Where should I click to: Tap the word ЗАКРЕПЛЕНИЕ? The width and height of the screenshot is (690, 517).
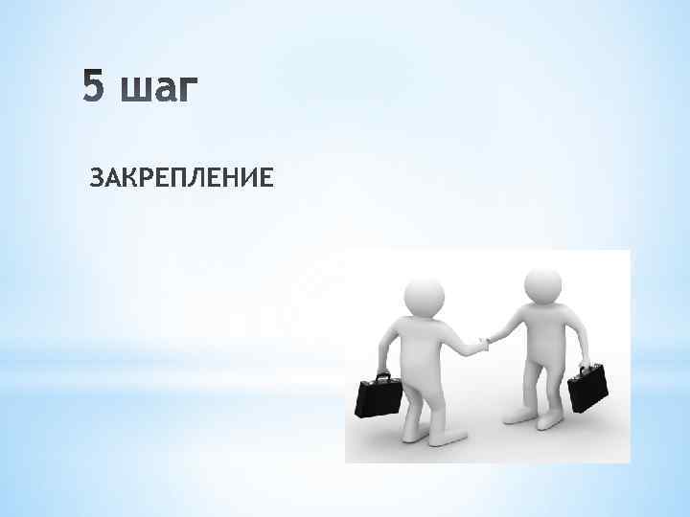point(181,178)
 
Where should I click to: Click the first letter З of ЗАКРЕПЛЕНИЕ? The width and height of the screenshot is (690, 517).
point(96,178)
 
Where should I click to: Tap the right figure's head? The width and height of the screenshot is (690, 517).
point(542,285)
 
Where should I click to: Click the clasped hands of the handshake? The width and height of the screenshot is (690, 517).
point(483,342)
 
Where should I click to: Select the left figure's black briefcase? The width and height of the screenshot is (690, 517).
point(378,396)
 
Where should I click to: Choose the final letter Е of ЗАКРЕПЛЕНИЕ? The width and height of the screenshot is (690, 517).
point(265,178)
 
